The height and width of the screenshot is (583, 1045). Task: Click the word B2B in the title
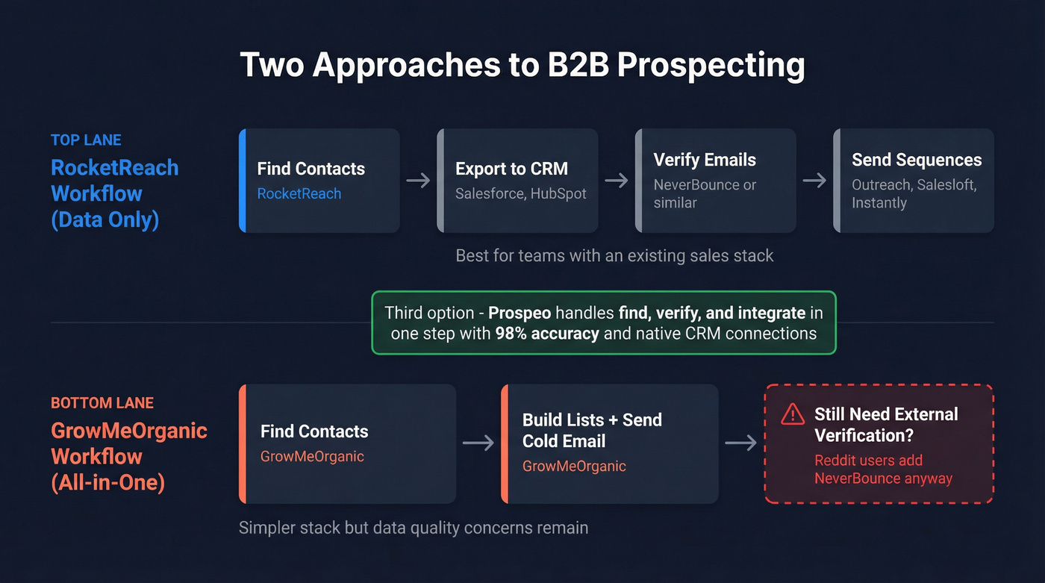coord(578,64)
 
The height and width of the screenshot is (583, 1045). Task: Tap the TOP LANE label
coord(86,140)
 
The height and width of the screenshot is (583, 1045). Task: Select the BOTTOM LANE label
coord(102,403)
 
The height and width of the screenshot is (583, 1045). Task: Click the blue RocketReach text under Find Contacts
coord(299,193)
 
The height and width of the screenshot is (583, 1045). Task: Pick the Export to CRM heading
coord(512,169)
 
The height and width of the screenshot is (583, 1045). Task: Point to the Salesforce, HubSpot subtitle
coord(521,193)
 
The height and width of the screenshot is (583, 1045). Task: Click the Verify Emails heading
coord(705,160)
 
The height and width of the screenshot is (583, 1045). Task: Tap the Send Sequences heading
coord(917,160)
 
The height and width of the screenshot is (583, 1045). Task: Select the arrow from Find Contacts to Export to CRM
coord(418,181)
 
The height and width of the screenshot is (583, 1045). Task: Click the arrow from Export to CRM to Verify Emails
coord(617,181)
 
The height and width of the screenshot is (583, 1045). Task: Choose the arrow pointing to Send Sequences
coord(814,181)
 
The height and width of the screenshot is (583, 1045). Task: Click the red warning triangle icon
coord(793,414)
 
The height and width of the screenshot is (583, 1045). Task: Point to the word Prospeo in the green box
coord(520,314)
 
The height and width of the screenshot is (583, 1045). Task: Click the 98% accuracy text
coord(547,334)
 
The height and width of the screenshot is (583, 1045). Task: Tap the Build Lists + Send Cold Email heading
coord(592,431)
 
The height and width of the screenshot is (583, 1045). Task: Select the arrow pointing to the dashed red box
coord(740,443)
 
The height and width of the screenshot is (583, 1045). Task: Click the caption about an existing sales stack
coord(614,256)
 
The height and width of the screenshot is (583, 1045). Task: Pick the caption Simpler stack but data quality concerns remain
coord(414,528)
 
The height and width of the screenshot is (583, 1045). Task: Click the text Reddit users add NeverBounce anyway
coord(883,470)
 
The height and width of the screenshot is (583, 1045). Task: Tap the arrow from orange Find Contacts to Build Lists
coord(478,443)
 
